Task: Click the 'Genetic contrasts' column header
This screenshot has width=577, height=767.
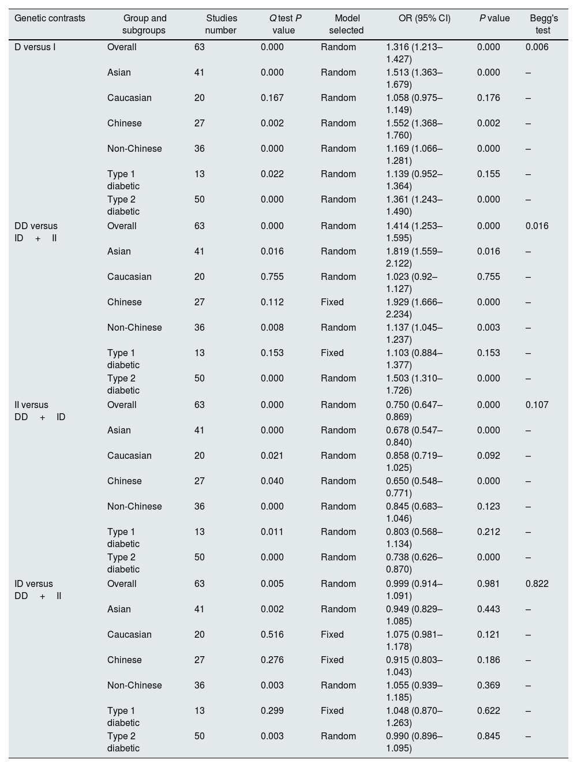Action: click(x=50, y=18)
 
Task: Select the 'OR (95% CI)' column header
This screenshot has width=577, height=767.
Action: click(x=424, y=18)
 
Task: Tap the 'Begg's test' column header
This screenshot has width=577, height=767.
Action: click(x=543, y=24)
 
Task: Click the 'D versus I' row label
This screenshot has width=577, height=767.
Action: click(x=35, y=47)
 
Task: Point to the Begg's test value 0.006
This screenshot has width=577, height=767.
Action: click(x=537, y=47)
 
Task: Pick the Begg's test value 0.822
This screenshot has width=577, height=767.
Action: click(x=537, y=583)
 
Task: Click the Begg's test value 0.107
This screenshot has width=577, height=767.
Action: click(x=537, y=405)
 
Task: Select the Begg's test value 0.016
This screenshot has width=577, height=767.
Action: click(x=537, y=226)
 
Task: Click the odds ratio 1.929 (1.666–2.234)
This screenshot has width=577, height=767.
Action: click(x=414, y=308)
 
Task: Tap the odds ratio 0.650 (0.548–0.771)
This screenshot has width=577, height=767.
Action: click(x=414, y=487)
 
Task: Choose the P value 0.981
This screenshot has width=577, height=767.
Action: click(x=488, y=583)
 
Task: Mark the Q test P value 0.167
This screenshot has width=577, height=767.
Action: click(x=272, y=98)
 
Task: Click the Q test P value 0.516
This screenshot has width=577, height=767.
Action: click(x=272, y=634)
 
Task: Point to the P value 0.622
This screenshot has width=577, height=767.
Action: click(x=488, y=710)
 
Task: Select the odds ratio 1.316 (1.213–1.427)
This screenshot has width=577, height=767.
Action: click(x=414, y=53)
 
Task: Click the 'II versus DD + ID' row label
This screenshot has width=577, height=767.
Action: click(x=40, y=411)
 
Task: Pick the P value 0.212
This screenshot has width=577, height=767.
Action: click(x=488, y=532)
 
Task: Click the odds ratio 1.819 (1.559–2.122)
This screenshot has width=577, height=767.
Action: click(x=414, y=257)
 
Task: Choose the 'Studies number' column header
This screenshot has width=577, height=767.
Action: click(x=221, y=24)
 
